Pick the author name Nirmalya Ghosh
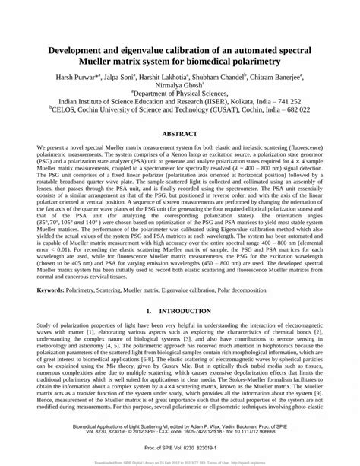click(180, 88)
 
